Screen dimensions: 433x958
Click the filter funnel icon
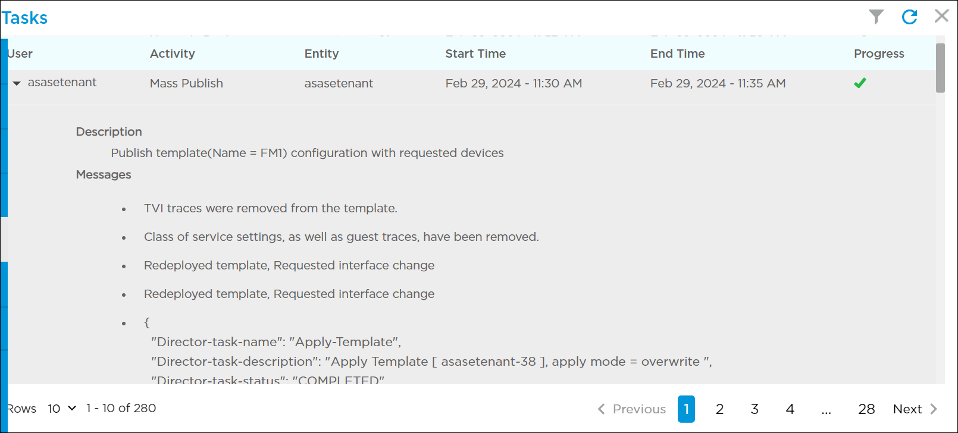876,17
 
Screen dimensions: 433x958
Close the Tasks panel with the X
941,16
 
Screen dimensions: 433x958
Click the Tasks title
24,18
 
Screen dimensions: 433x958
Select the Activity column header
172,54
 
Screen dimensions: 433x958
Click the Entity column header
321,54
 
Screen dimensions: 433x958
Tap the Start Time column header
475,54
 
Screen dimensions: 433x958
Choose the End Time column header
677,54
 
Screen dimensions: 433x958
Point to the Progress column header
879,54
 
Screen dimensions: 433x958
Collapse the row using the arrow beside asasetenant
17,83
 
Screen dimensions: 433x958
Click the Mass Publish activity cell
186,83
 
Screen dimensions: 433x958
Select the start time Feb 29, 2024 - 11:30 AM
514,83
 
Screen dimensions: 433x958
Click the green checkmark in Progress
860,83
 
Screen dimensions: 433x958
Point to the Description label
109,131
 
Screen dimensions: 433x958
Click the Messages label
104,174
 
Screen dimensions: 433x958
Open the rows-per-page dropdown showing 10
62,409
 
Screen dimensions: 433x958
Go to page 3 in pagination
754,409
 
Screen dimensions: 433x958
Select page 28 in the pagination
866,409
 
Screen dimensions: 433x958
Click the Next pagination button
915,409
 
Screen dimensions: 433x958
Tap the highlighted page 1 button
686,409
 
